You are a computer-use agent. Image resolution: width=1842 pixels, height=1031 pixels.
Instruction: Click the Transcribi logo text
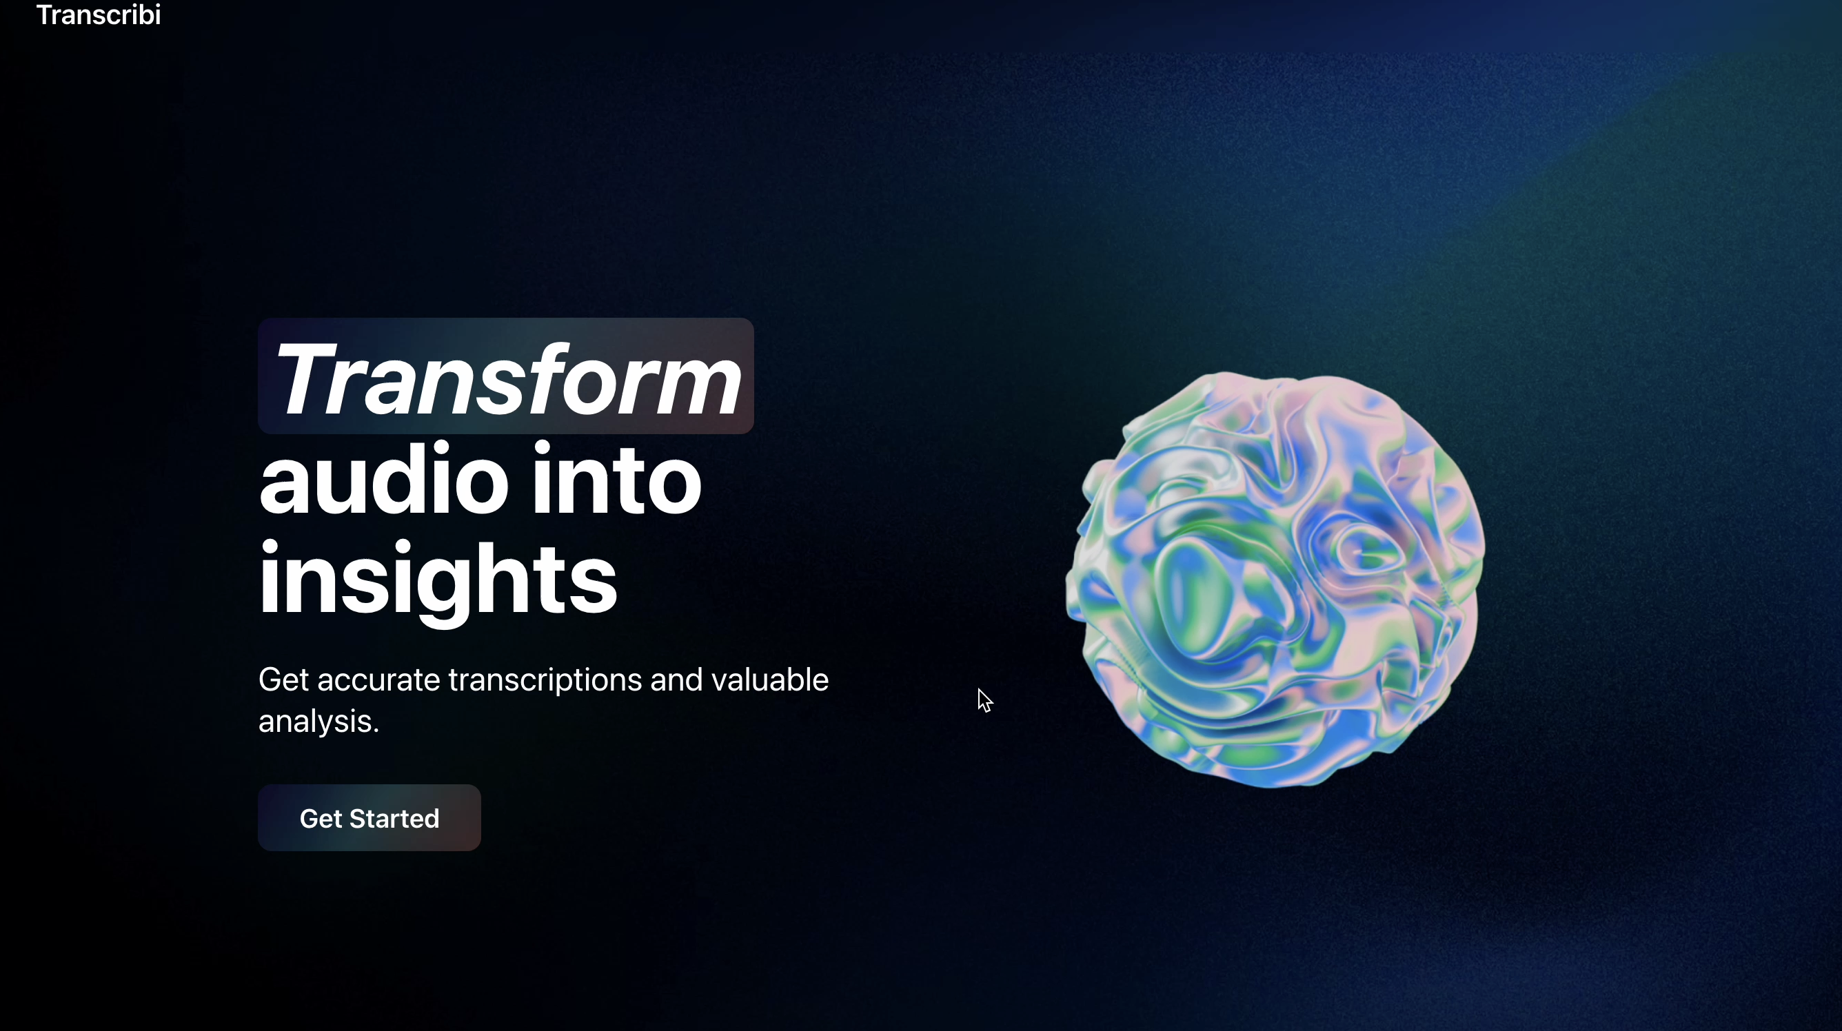[x=99, y=14]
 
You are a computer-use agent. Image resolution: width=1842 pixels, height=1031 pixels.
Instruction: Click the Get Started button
[x=369, y=817]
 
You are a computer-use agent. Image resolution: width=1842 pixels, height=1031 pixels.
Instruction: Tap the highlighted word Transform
[x=507, y=378]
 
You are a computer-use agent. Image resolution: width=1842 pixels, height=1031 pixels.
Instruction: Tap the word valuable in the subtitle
[x=770, y=680]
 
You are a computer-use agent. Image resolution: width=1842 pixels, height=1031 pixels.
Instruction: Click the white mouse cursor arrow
[x=984, y=700]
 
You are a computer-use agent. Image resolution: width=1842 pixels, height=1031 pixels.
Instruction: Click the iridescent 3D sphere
[x=1274, y=579]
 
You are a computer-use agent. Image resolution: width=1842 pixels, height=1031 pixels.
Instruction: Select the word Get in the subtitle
[x=285, y=680]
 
